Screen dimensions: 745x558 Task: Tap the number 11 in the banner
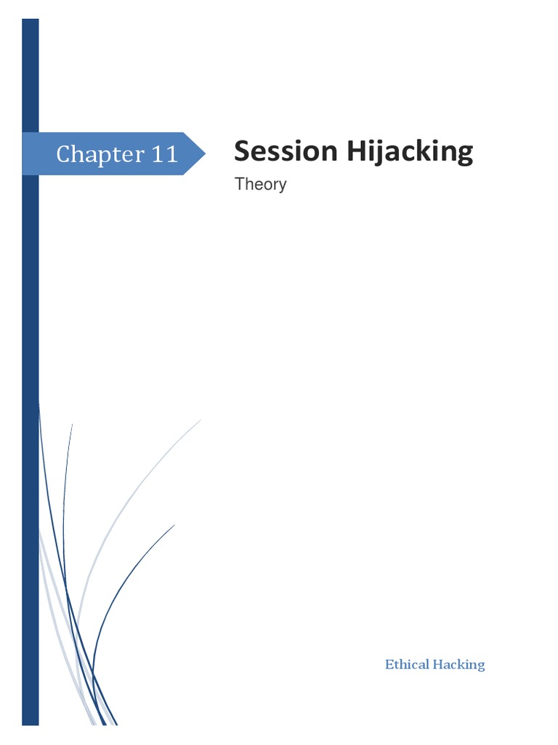tap(164, 154)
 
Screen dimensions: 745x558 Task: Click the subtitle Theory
tap(260, 184)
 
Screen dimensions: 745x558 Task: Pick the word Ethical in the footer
tap(406, 664)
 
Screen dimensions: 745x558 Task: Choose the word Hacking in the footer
tap(458, 664)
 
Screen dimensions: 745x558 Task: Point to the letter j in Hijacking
tap(379, 154)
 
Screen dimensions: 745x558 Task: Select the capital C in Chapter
tap(64, 154)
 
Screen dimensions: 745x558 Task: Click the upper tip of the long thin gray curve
tap(200, 420)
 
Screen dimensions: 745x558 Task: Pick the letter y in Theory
tap(282, 186)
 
